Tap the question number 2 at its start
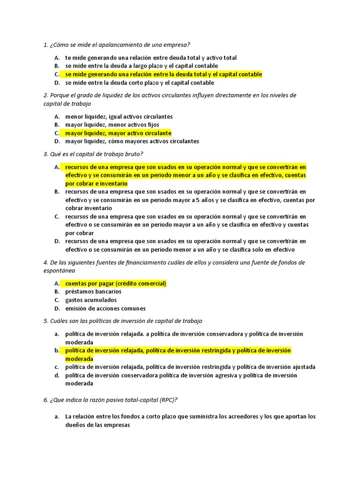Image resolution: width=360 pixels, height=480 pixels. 45,95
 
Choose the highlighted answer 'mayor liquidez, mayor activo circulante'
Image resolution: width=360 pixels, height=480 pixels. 118,133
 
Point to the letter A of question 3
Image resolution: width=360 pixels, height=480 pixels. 57,167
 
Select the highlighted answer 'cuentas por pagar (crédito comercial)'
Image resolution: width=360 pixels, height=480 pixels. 116,284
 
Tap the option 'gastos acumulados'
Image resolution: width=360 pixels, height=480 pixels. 91,300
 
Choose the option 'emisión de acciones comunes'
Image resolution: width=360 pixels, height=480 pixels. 105,308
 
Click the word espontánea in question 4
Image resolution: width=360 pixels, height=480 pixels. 59,271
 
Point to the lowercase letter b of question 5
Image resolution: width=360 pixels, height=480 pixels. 56,351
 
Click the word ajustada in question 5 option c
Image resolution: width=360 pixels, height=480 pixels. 302,367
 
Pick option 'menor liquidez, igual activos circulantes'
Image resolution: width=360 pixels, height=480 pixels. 119,117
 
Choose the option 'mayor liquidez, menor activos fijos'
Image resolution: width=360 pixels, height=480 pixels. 112,125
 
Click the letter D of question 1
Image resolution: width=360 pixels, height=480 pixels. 57,83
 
